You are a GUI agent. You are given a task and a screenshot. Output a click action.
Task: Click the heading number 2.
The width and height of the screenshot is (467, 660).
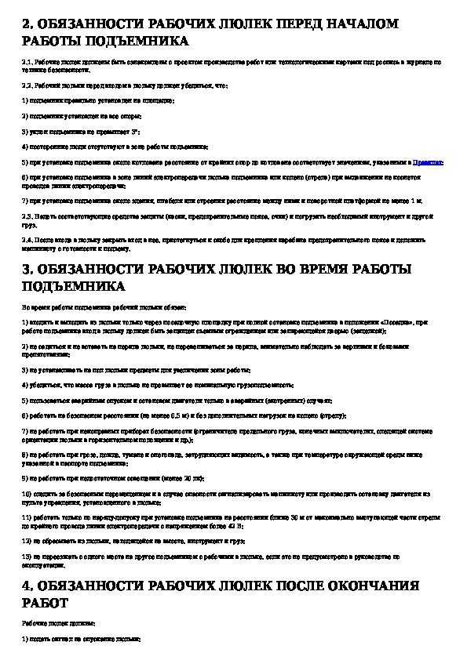(27, 24)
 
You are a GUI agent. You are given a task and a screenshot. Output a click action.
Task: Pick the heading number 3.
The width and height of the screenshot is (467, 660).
(27, 270)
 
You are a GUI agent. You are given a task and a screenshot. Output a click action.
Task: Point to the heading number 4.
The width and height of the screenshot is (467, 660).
(27, 586)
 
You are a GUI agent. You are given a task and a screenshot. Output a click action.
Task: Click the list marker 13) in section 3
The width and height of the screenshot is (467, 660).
(26, 555)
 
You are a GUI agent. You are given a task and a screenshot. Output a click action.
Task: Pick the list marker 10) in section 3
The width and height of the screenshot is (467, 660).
(26, 494)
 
